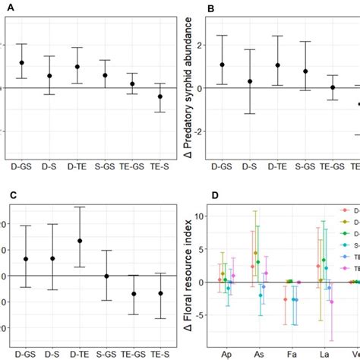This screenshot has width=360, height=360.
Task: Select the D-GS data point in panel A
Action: (22, 63)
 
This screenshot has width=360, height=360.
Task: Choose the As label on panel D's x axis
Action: (257, 354)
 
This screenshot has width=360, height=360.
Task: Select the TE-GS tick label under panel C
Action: (133, 354)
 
